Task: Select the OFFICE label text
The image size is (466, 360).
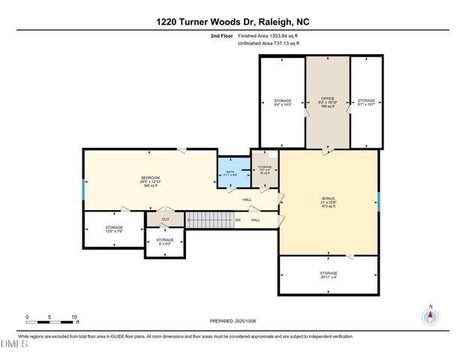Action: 327,100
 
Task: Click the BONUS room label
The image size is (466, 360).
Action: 328,202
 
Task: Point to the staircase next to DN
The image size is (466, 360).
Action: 206,220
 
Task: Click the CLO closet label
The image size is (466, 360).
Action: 165,220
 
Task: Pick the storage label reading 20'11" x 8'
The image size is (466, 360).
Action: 328,275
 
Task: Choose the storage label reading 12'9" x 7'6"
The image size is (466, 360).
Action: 114,229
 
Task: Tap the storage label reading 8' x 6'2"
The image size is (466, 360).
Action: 165,241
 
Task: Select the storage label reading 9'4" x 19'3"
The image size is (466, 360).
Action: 282,103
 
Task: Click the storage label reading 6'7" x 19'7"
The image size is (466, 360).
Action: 365,103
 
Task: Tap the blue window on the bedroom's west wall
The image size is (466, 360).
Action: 83,188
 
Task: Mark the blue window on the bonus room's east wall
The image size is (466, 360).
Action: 379,201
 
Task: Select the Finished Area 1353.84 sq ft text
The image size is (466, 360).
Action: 268,35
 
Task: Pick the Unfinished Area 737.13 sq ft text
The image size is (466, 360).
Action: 268,43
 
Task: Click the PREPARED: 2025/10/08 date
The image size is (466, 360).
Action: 233,321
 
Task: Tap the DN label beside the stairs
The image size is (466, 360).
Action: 237,220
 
